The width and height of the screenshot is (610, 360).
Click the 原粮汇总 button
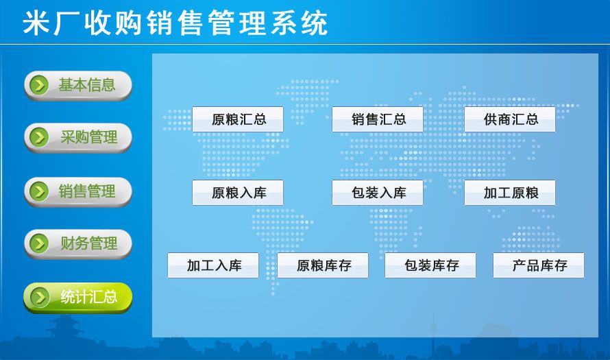(238, 119)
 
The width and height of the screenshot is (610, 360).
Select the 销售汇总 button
(378, 119)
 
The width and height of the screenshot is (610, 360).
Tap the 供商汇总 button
(510, 119)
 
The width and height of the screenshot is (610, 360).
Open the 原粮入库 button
(238, 192)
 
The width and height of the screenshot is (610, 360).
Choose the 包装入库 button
(378, 192)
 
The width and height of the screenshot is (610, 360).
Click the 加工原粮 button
(510, 192)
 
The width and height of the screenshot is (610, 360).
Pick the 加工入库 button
(213, 265)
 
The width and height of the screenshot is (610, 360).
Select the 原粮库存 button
(323, 265)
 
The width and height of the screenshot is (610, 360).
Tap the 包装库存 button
(430, 265)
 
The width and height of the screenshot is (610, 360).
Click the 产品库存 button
(539, 265)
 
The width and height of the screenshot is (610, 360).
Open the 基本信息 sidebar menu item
(78, 85)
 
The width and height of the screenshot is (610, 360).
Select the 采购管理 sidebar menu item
(78, 137)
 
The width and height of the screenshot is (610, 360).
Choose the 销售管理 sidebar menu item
(78, 191)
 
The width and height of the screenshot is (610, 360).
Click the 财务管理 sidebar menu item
(78, 243)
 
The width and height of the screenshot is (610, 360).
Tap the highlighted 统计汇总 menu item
(78, 298)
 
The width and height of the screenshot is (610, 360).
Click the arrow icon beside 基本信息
(39, 85)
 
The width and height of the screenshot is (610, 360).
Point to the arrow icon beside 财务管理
(39, 243)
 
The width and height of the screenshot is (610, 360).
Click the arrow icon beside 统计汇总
(39, 298)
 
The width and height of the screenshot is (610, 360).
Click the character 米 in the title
(36, 23)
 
